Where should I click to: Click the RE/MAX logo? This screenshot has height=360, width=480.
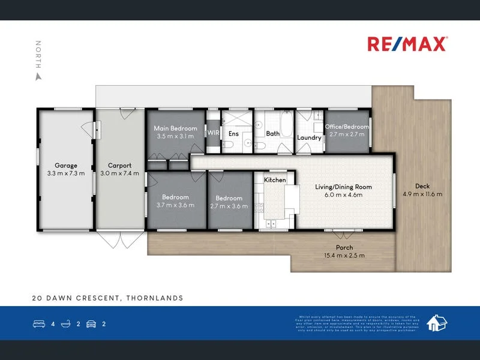pyautogui.click(x=406, y=44)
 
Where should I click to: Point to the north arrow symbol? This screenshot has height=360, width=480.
pyautogui.click(x=38, y=77)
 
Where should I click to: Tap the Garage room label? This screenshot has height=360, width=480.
pyautogui.click(x=66, y=166)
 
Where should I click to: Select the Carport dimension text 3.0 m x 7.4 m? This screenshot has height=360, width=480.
pyautogui.click(x=119, y=173)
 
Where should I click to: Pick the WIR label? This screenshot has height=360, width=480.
pyautogui.click(x=213, y=133)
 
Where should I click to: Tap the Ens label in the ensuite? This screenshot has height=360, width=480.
pyautogui.click(x=233, y=134)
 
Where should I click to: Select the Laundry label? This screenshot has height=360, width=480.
pyautogui.click(x=310, y=137)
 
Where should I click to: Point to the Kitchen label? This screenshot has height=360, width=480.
pyautogui.click(x=275, y=180)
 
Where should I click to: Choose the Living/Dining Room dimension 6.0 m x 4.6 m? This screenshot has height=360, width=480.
pyautogui.click(x=344, y=195)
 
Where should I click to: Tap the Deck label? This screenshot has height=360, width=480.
pyautogui.click(x=422, y=186)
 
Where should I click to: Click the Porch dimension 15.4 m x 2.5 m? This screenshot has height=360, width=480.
pyautogui.click(x=344, y=256)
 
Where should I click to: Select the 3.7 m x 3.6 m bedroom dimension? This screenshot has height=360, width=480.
pyautogui.click(x=175, y=205)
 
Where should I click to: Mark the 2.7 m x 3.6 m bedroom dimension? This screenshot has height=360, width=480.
pyautogui.click(x=229, y=206)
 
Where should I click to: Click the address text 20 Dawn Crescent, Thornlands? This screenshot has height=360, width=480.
pyautogui.click(x=107, y=298)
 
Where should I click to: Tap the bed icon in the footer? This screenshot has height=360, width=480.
pyautogui.click(x=38, y=324)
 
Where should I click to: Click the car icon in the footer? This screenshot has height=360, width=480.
pyautogui.click(x=91, y=324)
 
